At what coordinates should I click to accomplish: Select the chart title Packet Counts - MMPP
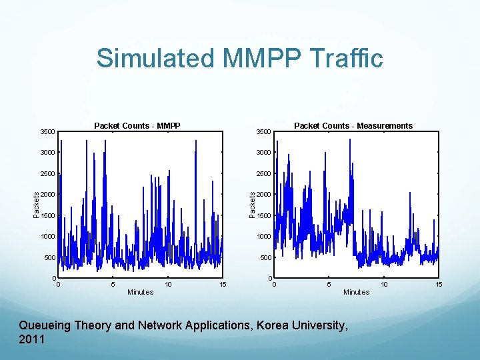[x=137, y=125]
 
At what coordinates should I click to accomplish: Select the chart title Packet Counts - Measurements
[x=353, y=125]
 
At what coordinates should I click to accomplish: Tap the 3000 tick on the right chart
[x=264, y=153]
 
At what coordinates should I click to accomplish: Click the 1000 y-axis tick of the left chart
[x=48, y=237]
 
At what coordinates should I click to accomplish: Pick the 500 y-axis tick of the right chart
[x=265, y=258]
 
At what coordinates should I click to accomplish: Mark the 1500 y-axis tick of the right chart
[x=264, y=216]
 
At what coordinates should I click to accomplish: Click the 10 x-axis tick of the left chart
[x=168, y=285]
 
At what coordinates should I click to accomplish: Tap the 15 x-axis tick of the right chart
[x=439, y=285]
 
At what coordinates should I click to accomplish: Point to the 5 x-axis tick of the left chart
[x=113, y=285]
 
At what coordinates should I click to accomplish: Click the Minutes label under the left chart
[x=140, y=292]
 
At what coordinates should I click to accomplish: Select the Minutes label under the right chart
[x=356, y=292]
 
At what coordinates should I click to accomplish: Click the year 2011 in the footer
[x=32, y=339]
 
